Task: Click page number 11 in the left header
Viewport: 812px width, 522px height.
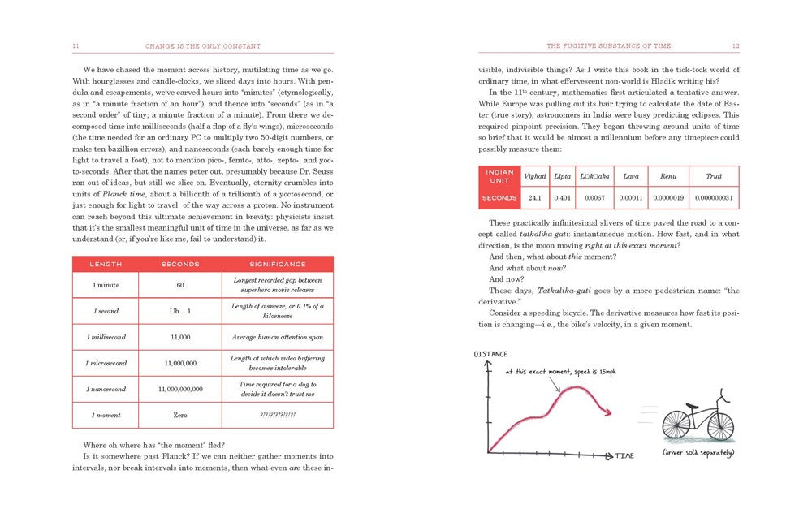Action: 75,46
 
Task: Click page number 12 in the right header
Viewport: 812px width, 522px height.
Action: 735,46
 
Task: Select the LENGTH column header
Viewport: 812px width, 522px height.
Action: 106,264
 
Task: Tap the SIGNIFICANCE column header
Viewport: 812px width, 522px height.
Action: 278,264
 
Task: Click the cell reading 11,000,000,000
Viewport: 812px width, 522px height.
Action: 181,389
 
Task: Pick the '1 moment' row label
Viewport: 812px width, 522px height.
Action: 106,415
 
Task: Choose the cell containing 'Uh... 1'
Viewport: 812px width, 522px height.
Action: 180,311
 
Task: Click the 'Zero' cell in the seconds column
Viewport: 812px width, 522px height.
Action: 180,415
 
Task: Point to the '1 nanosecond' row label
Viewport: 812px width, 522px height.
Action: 106,389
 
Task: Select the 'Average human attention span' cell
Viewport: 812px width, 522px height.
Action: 278,337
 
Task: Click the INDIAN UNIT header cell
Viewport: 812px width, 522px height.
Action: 499,175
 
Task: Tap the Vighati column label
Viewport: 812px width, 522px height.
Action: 535,175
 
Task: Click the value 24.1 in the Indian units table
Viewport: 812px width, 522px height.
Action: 535,197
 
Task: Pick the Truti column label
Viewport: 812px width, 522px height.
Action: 714,175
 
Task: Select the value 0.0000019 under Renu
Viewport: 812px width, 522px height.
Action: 668,197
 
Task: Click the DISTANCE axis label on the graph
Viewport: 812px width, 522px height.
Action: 491,354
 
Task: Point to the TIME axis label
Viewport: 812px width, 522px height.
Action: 624,455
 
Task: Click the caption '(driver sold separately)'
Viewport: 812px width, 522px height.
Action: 699,451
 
